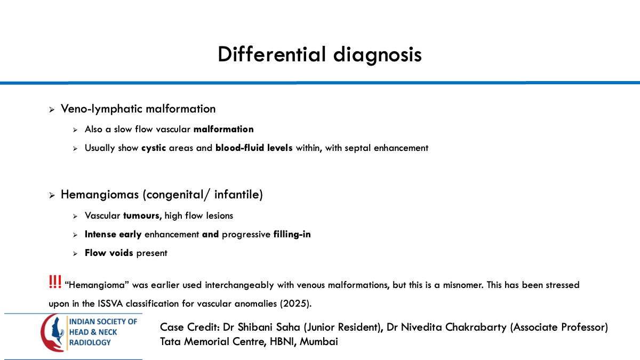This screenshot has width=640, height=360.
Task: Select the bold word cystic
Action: point(154,148)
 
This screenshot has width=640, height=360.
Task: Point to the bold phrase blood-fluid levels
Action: point(254,148)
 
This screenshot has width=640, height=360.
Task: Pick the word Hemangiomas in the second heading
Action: point(100,195)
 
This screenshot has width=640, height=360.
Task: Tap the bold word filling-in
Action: point(292,234)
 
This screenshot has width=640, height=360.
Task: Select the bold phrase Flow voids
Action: point(109,253)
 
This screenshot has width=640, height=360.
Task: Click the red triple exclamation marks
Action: point(54,283)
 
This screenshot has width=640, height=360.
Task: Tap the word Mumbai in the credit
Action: point(319,341)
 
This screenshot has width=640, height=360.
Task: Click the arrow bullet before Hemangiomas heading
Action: point(52,196)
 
